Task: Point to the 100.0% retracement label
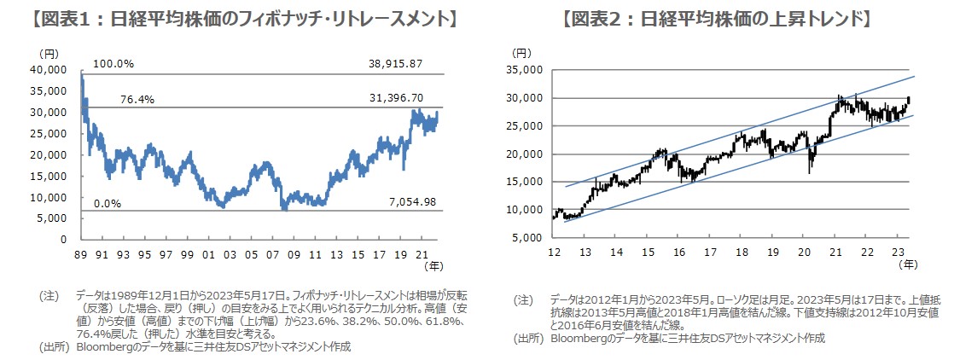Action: [113, 64]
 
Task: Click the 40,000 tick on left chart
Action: [50, 69]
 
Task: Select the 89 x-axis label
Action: [82, 254]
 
